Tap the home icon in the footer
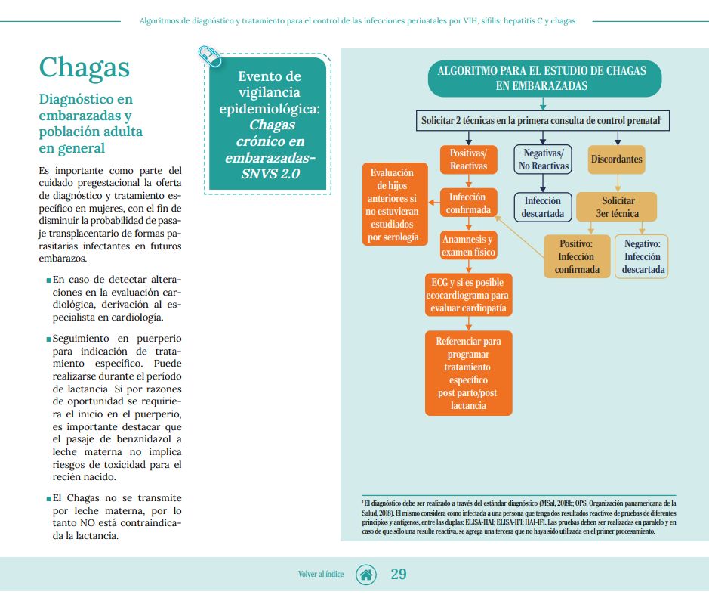pos(366,574)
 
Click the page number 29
pos(399,574)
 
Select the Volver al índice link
pos(321,575)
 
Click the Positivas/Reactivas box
pos(468,160)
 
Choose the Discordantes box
pos(617,160)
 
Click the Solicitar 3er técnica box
pos(618,207)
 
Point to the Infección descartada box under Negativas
pos(543,207)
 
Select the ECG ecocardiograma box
pos(468,295)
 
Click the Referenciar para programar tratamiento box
pos(468,373)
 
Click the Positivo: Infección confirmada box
pos(576,257)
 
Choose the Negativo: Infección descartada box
pos(643,257)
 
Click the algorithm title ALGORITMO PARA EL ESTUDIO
pos(541,78)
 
